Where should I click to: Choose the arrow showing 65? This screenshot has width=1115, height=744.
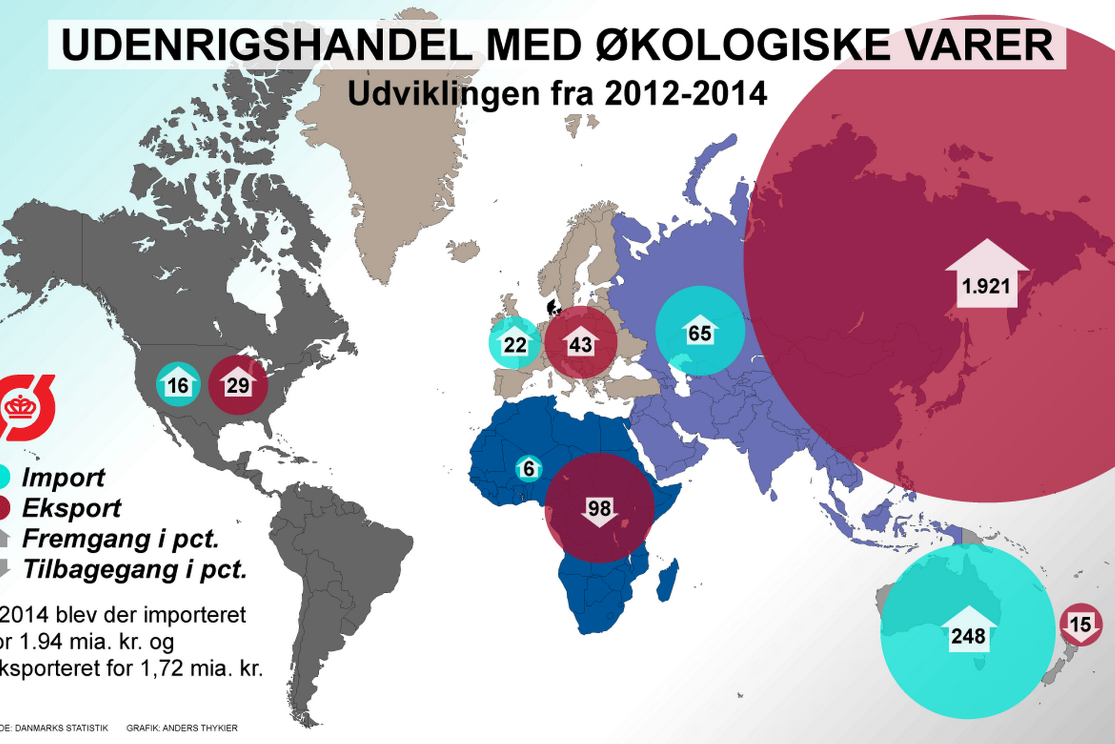[x=700, y=331]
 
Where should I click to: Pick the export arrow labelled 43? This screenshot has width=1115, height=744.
[x=581, y=343]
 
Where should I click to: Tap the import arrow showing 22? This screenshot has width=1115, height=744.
[x=515, y=343]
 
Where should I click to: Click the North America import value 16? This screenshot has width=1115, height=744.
[x=178, y=384]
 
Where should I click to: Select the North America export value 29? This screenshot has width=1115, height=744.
[x=238, y=384]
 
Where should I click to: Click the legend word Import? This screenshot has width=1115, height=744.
[x=63, y=477]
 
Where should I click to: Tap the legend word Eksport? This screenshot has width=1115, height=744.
[x=71, y=508]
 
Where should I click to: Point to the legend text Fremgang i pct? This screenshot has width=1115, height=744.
[x=120, y=539]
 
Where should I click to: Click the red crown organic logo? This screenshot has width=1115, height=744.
[x=26, y=407]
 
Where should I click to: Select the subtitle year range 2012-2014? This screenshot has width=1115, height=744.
[x=686, y=93]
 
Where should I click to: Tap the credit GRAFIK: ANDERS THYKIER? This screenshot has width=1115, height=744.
[x=182, y=728]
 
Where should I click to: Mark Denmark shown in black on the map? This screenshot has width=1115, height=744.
[x=552, y=306]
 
